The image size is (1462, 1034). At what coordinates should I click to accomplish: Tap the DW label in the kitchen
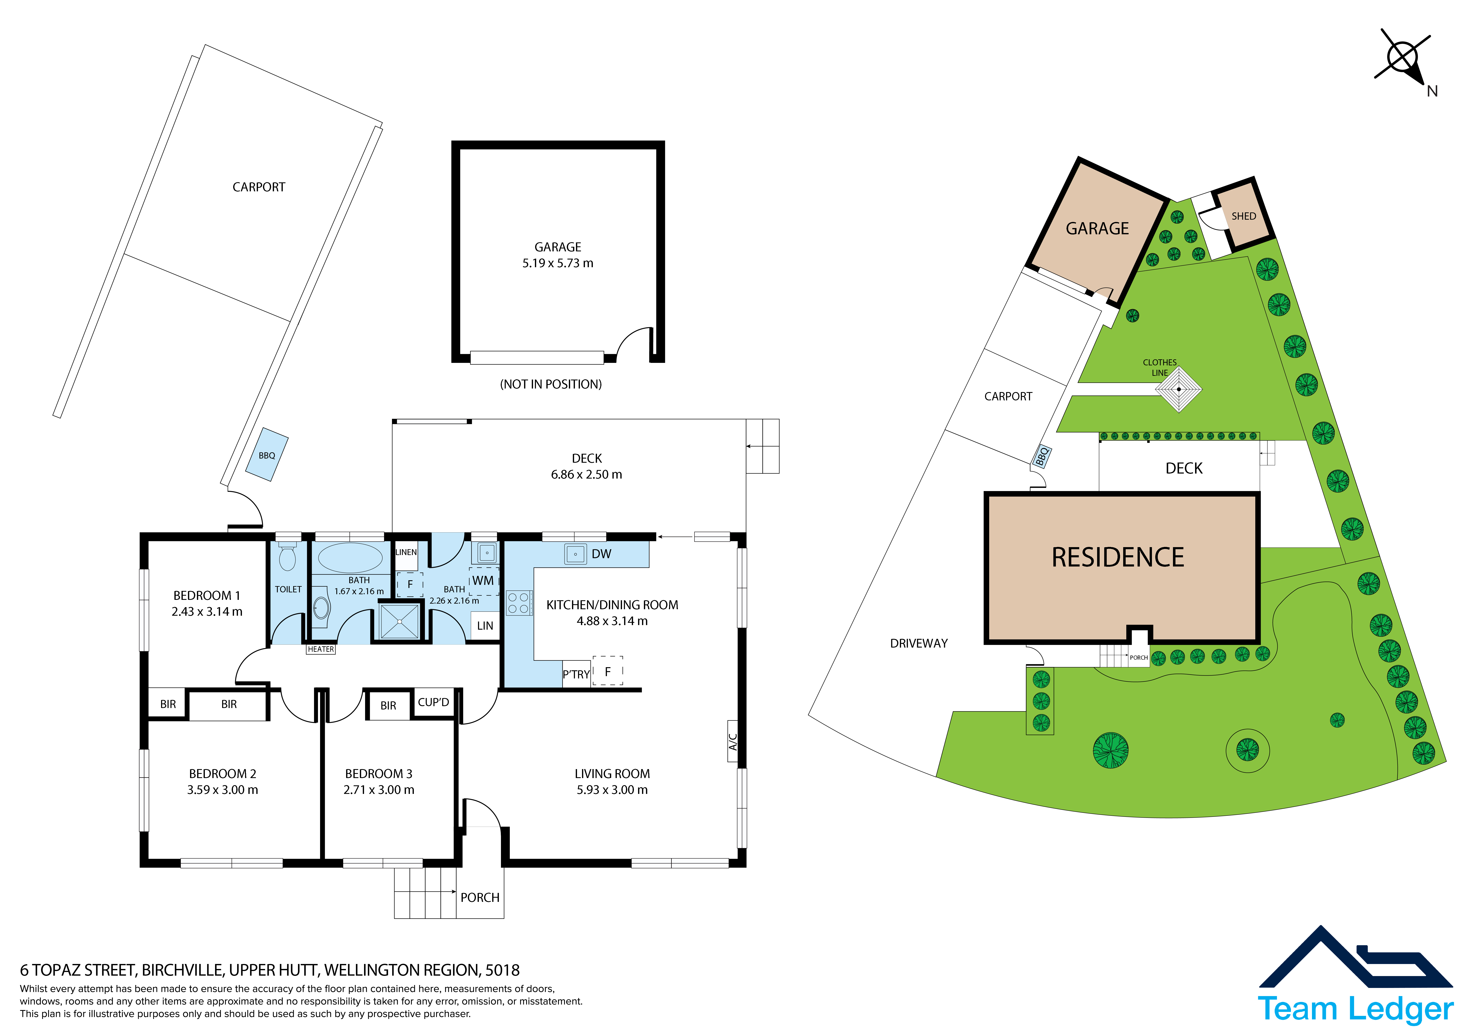tap(601, 554)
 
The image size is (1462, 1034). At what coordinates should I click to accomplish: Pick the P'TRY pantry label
tap(576, 674)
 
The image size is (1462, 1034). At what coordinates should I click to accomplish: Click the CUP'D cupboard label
tap(434, 702)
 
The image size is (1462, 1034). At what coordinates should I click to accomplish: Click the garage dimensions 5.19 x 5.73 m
tap(558, 263)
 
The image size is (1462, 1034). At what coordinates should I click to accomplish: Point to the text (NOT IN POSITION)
tap(551, 384)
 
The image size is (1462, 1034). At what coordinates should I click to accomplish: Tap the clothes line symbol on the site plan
tap(1179, 389)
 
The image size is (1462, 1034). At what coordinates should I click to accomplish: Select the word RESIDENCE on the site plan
tap(1118, 558)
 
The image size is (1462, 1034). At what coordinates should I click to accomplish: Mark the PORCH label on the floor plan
tap(480, 897)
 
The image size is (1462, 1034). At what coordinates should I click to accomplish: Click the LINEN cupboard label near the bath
tap(406, 552)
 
